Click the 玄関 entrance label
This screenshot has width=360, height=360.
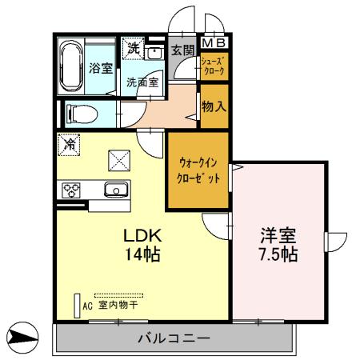[x=182, y=50]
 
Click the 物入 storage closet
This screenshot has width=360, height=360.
[x=213, y=104]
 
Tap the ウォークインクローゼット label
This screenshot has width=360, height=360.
[x=198, y=169]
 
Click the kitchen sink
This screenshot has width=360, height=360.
[x=115, y=190]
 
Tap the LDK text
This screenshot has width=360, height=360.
[x=142, y=237]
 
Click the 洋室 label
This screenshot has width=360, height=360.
[x=278, y=237]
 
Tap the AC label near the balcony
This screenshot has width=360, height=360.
[x=88, y=304]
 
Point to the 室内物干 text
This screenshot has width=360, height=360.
[x=118, y=304]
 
